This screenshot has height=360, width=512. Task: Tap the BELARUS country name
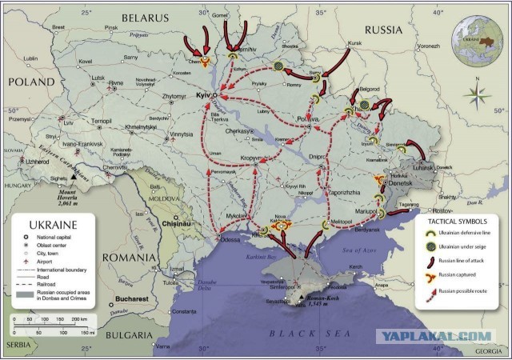pyautogui.click(x=146, y=17)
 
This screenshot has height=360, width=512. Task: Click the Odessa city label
pyautogui.click(x=231, y=240)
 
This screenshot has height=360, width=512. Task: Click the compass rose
pyautogui.click(x=478, y=96)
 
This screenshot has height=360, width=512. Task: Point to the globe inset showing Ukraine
pyautogui.click(x=478, y=39)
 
